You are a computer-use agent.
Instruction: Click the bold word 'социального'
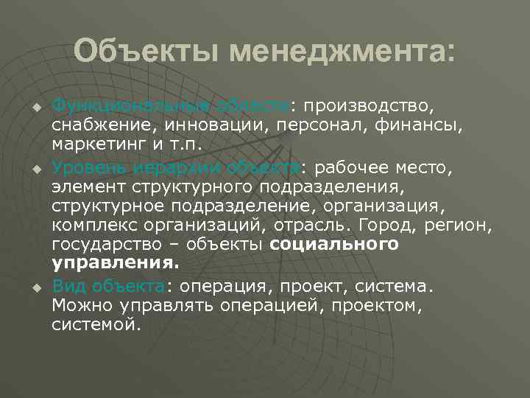pos(334,244)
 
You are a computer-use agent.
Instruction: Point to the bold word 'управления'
pos(113,263)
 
